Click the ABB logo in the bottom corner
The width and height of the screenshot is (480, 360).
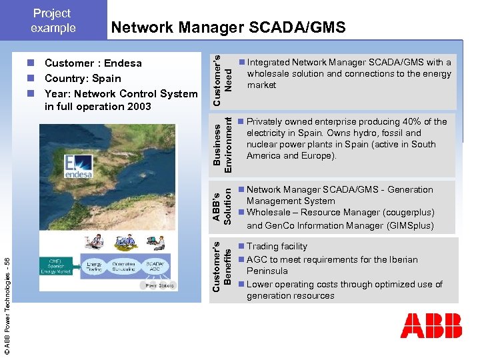click(x=431, y=326)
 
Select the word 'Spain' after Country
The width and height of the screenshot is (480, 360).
click(x=106, y=79)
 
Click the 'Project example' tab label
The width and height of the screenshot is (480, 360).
click(x=53, y=21)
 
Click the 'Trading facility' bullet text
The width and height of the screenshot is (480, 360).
click(x=277, y=247)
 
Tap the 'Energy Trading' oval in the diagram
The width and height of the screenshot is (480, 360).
click(x=95, y=267)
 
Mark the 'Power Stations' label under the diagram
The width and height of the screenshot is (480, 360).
click(x=159, y=286)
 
